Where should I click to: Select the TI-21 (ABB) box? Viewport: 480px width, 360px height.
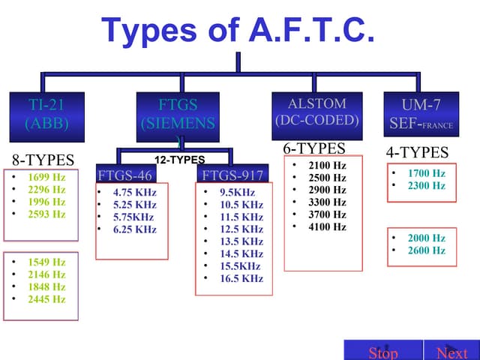click(x=46, y=114)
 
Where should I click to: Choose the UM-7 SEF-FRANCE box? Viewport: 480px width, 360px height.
click(x=421, y=114)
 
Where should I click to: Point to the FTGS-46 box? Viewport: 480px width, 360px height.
click(x=127, y=175)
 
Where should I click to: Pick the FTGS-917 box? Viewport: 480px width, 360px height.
click(x=232, y=175)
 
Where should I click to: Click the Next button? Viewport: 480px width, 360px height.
click(x=451, y=352)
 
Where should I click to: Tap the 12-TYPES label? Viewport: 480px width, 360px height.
click(x=179, y=160)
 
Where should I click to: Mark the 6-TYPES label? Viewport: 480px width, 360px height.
click(x=313, y=148)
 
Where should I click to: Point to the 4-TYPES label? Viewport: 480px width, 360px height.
click(x=416, y=153)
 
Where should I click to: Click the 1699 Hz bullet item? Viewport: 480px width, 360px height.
click(x=46, y=178)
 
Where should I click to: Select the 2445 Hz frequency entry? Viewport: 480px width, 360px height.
click(x=46, y=299)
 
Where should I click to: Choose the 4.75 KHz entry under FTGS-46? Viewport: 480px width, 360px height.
click(x=134, y=192)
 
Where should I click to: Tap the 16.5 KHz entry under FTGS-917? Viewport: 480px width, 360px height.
click(x=241, y=278)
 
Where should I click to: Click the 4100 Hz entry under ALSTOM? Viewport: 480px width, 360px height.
click(x=327, y=226)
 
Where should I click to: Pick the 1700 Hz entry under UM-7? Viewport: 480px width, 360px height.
click(x=426, y=173)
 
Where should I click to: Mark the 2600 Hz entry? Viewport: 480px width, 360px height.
click(x=426, y=250)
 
